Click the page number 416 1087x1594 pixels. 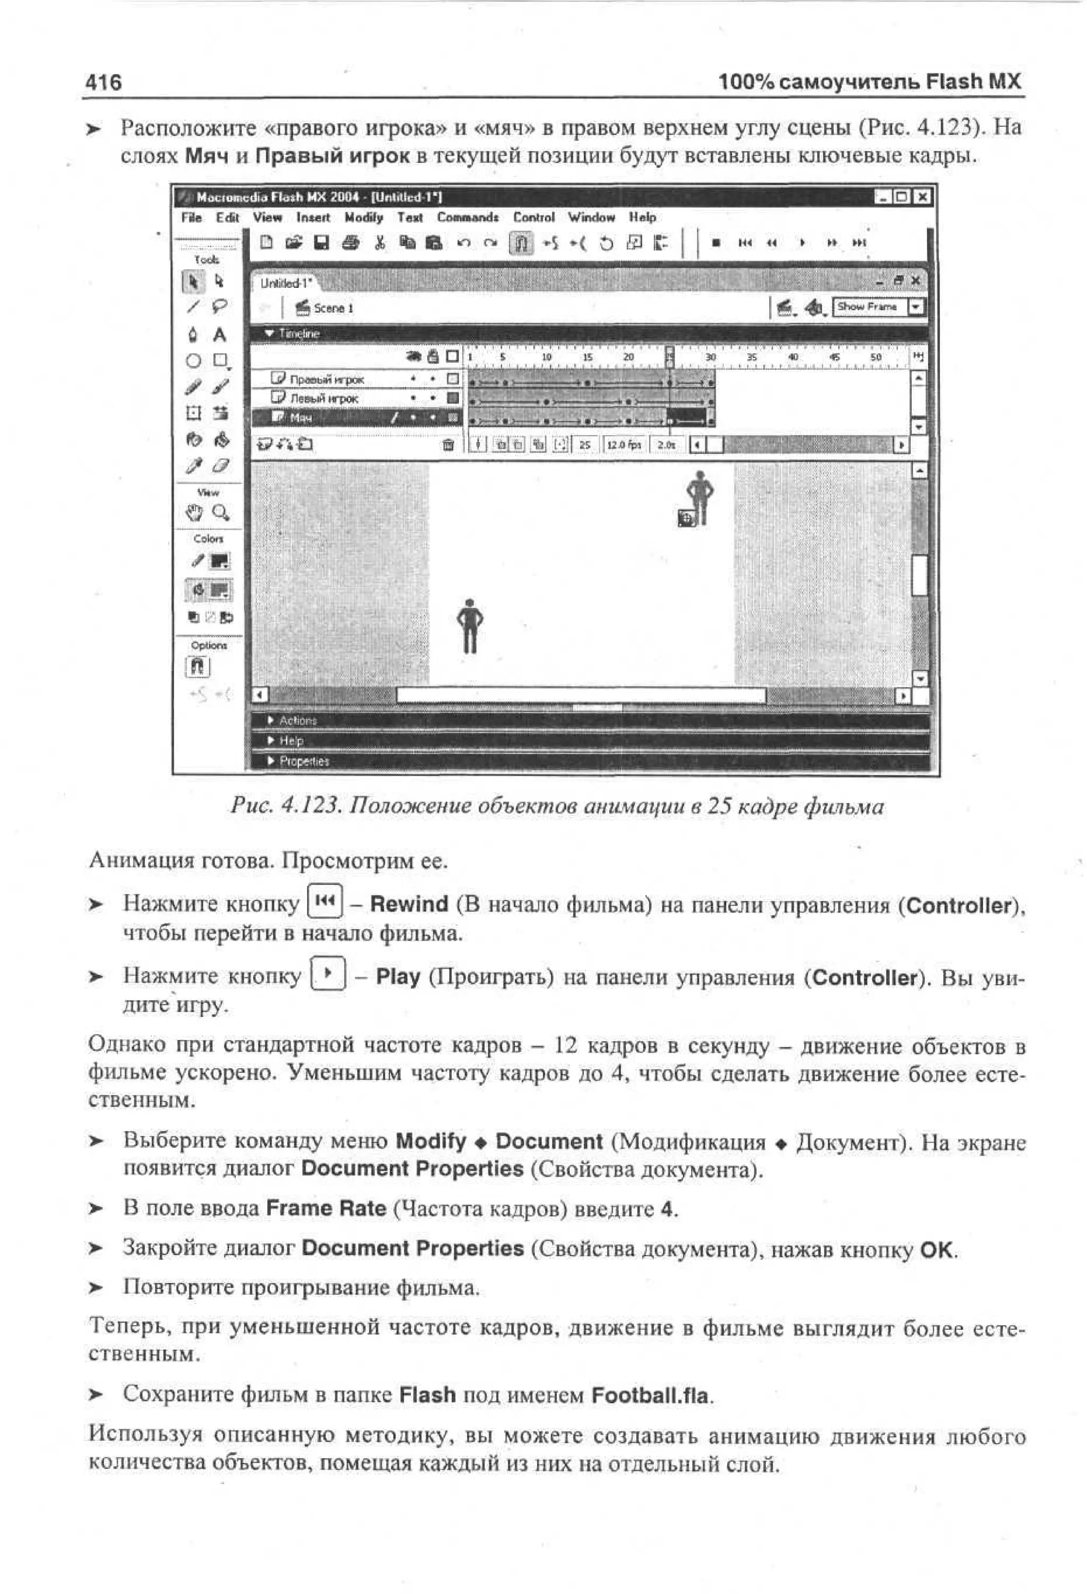pyautogui.click(x=104, y=82)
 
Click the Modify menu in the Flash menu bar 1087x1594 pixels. pyautogui.click(x=363, y=217)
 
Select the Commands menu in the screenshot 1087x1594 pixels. pyautogui.click(x=468, y=217)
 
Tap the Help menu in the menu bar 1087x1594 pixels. pyautogui.click(x=642, y=217)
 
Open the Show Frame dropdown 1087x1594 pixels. pyautogui.click(x=916, y=308)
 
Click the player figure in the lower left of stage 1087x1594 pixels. pyautogui.click(x=470, y=626)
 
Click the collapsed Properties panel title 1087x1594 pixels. pyautogui.click(x=304, y=761)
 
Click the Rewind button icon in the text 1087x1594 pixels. pyautogui.click(x=325, y=900)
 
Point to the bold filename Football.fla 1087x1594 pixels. pyautogui.click(x=651, y=1396)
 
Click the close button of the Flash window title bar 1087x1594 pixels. pyautogui.click(x=923, y=198)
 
